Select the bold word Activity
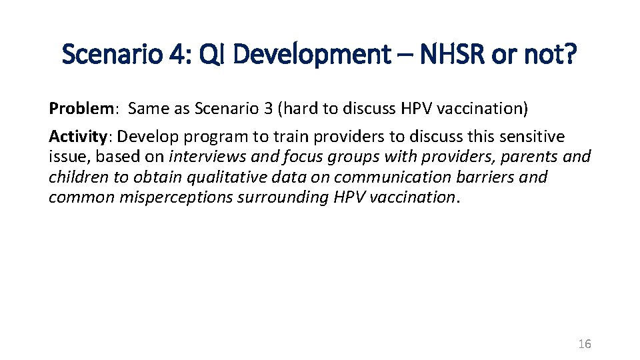pyautogui.click(x=77, y=137)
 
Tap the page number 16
pyautogui.click(x=584, y=344)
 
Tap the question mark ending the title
pyautogui.click(x=571, y=55)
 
